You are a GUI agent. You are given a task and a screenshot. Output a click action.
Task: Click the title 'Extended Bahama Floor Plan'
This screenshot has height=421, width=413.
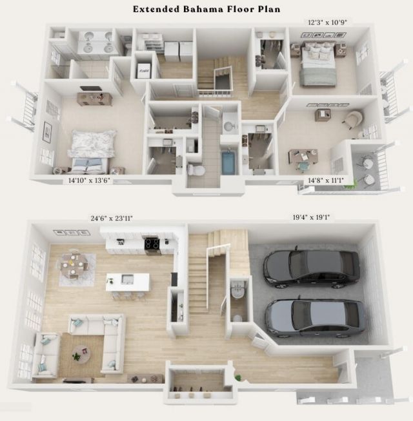[206, 9]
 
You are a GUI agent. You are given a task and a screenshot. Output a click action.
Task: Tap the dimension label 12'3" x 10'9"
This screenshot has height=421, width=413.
[327, 22]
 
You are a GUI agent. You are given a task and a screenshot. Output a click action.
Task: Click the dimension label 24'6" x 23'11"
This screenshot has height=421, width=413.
[112, 219]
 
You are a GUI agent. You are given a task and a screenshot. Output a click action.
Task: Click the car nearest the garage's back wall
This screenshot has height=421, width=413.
[312, 266]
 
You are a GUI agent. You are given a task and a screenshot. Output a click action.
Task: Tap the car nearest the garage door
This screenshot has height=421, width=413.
[315, 315]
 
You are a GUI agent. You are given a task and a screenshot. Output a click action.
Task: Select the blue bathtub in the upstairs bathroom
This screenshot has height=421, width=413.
[229, 162]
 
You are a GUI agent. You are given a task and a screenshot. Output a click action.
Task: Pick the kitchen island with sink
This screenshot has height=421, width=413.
[128, 282]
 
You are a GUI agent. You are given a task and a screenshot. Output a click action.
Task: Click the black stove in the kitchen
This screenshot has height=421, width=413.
[152, 244]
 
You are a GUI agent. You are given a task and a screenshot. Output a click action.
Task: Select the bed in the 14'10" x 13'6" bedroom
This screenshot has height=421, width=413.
[91, 150]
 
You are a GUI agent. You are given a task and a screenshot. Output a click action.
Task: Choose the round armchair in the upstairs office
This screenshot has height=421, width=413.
[353, 119]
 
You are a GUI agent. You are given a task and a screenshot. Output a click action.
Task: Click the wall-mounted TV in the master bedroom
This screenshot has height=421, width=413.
[90, 89]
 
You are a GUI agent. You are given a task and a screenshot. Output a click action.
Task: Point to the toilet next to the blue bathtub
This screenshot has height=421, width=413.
[196, 170]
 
